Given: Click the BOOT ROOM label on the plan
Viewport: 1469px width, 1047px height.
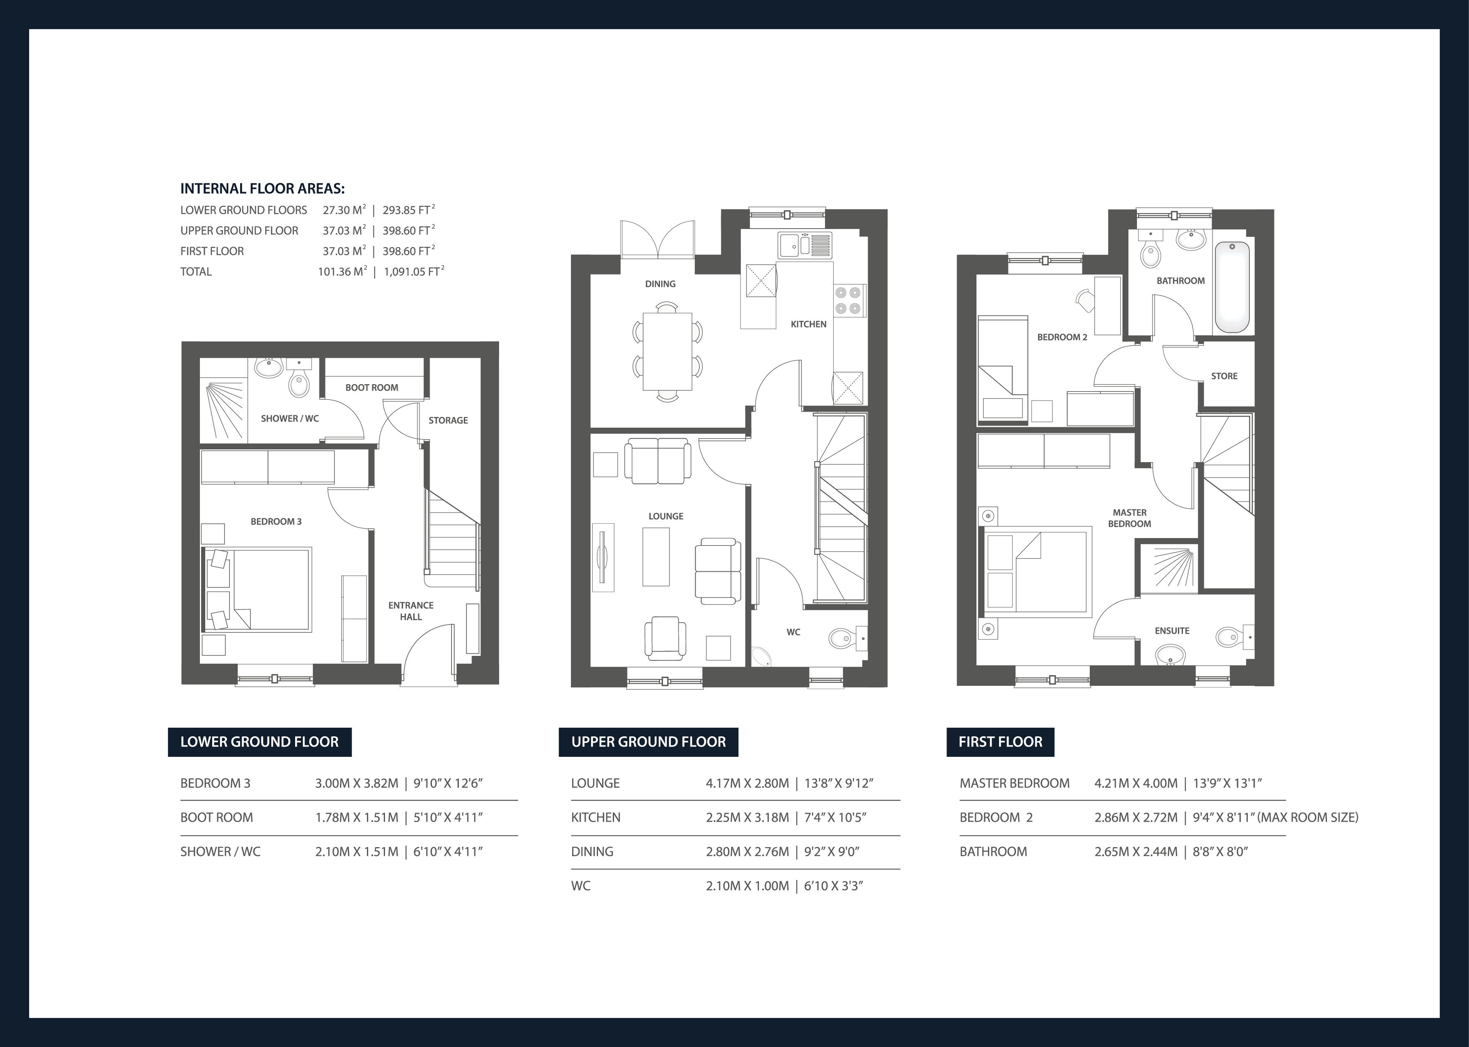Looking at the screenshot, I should click(371, 387).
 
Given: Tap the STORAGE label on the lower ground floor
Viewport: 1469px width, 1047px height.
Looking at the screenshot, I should click(448, 420).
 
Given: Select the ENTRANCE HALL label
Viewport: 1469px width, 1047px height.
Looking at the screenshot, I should click(410, 611).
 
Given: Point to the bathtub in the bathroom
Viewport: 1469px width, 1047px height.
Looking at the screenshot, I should click(1232, 287).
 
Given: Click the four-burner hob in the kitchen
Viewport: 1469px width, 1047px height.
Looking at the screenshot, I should click(848, 300).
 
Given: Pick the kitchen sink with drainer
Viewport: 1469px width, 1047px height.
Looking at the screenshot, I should click(804, 245).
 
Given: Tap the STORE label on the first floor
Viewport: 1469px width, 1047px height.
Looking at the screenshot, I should click(1224, 376).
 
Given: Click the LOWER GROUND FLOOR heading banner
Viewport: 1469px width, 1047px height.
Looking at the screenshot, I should click(259, 742).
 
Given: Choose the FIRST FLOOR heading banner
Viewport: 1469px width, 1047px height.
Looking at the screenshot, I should click(1000, 742).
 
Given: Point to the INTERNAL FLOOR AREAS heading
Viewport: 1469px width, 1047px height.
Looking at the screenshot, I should click(262, 189).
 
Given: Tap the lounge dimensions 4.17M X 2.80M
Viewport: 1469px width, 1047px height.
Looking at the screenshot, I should click(747, 784).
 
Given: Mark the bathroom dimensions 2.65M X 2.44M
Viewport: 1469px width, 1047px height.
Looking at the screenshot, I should click(1136, 852).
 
